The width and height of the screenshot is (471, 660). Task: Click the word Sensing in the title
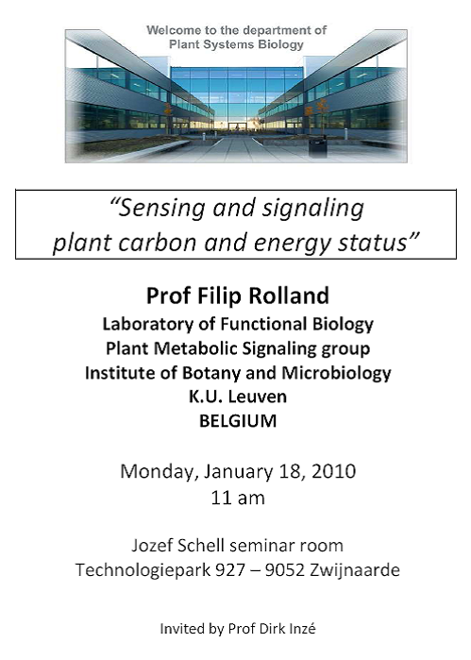pos(161,209)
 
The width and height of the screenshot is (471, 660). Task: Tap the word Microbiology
pos(336,373)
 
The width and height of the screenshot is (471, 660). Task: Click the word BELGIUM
pos(238,421)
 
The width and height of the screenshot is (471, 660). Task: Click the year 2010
pos(334,471)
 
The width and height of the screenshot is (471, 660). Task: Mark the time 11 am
pos(238,498)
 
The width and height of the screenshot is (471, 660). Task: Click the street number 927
pos(230,570)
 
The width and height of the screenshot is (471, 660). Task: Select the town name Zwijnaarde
pos(354,570)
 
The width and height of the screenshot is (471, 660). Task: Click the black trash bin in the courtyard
pos(317,147)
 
